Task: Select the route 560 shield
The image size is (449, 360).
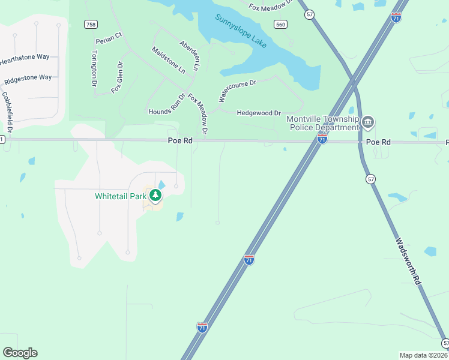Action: click(280, 24)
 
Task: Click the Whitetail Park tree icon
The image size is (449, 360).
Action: click(155, 195)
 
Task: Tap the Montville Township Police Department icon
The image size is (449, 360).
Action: click(368, 123)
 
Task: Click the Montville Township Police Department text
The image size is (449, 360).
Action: click(322, 123)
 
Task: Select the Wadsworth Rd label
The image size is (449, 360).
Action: click(408, 261)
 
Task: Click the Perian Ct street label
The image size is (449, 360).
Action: click(109, 39)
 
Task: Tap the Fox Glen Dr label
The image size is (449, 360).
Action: click(117, 77)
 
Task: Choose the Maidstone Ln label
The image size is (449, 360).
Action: click(168, 60)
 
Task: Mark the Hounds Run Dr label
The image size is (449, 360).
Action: click(167, 104)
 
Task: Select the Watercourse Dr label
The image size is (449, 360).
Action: click(237, 89)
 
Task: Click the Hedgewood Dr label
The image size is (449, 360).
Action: click(259, 113)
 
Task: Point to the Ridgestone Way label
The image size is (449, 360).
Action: click(28, 79)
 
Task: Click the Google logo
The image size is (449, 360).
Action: click(20, 352)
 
